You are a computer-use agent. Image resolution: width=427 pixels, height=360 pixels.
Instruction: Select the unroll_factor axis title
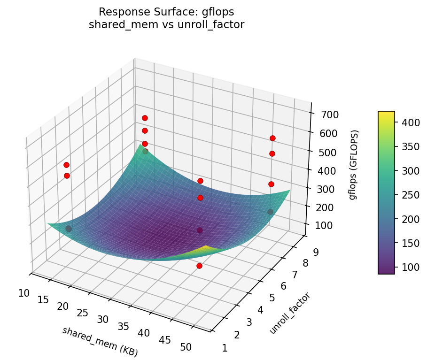[290, 313]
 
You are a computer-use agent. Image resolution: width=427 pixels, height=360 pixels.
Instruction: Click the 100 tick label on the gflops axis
[326, 226]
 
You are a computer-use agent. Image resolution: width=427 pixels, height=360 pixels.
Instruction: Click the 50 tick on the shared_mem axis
[186, 347]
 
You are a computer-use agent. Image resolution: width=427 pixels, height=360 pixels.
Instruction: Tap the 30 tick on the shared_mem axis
[103, 320]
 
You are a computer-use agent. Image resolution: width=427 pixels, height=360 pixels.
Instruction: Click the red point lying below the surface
[199, 266]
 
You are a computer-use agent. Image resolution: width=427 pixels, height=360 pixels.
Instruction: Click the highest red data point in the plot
[145, 118]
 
